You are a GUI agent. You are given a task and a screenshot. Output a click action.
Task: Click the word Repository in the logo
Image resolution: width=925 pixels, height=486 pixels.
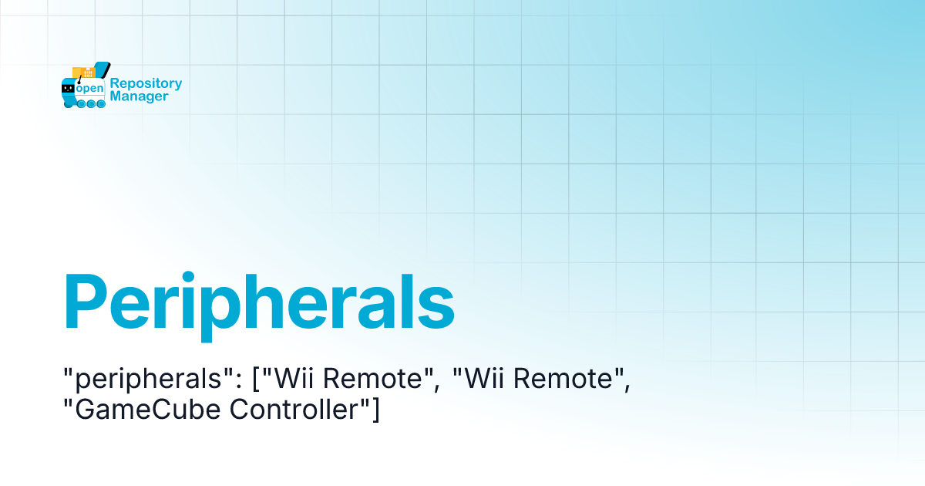[146, 83]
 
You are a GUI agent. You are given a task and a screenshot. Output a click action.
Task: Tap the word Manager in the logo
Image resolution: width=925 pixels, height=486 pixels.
[139, 97]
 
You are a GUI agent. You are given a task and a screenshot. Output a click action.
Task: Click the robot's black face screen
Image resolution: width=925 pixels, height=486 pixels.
[68, 89]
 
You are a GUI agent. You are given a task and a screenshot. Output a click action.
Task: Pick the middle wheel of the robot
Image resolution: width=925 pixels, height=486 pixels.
[91, 104]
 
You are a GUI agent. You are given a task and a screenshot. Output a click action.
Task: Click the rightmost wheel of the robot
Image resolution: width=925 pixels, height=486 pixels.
[101, 104]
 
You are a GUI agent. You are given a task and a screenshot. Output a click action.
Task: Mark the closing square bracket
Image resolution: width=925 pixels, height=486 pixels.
[375, 411]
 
